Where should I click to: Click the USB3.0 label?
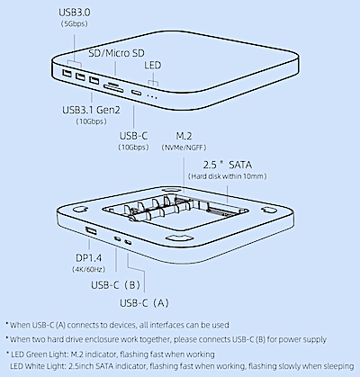(x=74, y=13)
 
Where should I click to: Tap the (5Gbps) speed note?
(x=74, y=23)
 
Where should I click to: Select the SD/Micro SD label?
(x=116, y=53)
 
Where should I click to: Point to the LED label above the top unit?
(x=152, y=65)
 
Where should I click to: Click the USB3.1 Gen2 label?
(x=91, y=110)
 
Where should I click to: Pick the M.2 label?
(x=184, y=136)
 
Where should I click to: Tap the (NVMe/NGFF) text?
(x=184, y=148)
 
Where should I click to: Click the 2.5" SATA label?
(x=228, y=165)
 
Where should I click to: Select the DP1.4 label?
(x=88, y=258)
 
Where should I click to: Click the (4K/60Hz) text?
(x=88, y=269)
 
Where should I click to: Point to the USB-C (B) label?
(x=116, y=284)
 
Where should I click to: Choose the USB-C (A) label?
(x=144, y=303)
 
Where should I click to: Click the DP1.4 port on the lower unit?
(x=91, y=231)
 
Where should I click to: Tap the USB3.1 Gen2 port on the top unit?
(x=94, y=80)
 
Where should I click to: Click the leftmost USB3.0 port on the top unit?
(x=67, y=73)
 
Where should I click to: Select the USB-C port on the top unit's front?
(x=137, y=92)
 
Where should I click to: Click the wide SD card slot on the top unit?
(x=113, y=88)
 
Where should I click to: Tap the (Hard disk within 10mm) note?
(x=228, y=176)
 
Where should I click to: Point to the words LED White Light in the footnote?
(x=38, y=366)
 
